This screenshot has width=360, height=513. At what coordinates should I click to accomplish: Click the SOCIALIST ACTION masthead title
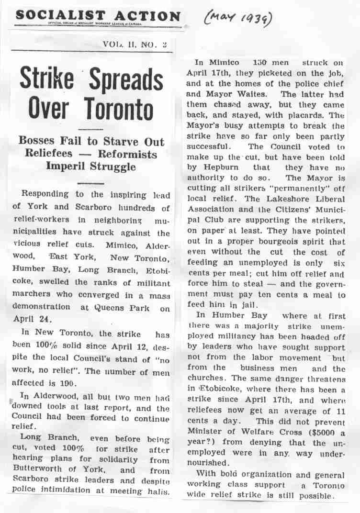(x=98, y=16)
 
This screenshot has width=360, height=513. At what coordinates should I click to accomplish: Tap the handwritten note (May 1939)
(x=236, y=19)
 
